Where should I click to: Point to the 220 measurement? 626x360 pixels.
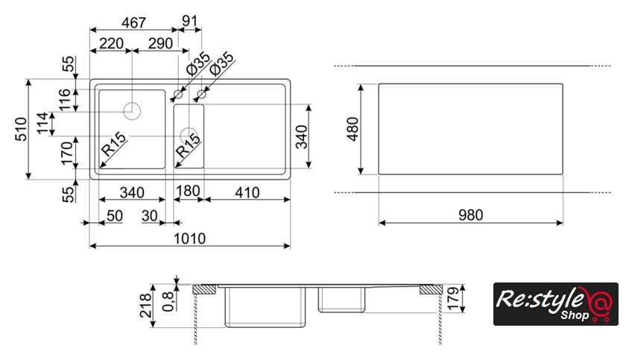click(x=110, y=44)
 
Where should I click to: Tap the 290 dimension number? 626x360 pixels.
click(x=159, y=44)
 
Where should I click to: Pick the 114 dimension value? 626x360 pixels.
click(x=44, y=124)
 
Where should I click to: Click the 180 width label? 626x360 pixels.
click(x=187, y=192)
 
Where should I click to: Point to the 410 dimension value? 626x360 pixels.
click(x=246, y=192)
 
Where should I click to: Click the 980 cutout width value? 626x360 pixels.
click(x=470, y=215)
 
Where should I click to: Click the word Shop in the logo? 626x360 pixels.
click(x=569, y=315)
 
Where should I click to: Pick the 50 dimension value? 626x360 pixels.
click(x=114, y=215)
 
